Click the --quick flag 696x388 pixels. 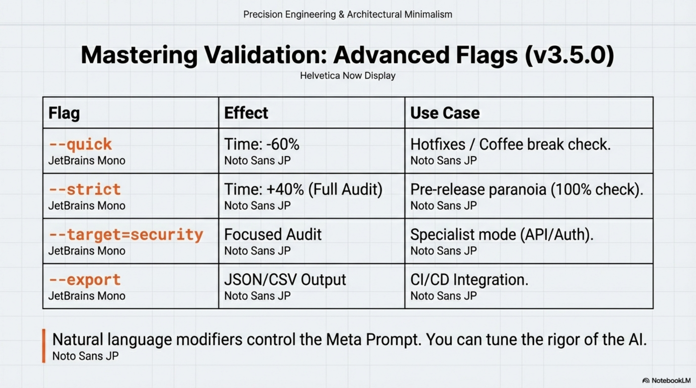[80, 144]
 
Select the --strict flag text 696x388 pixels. [84, 189]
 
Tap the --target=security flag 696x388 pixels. [126, 235]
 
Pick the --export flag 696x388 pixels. [84, 280]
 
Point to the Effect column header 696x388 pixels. [246, 113]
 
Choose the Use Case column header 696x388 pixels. [445, 113]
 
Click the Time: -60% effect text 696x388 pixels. [262, 144]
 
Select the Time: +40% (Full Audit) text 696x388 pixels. [303, 189]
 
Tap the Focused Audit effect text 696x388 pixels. [273, 234]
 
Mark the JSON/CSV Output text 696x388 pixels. [285, 280]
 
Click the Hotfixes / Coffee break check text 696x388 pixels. [510, 144]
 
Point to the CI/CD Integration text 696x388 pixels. [469, 280]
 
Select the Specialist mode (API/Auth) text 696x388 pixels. [502, 235]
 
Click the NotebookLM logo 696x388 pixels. [666, 380]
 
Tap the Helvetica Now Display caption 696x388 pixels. [348, 76]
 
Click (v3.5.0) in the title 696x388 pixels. [569, 55]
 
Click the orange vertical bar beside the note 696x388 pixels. [43, 346]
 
